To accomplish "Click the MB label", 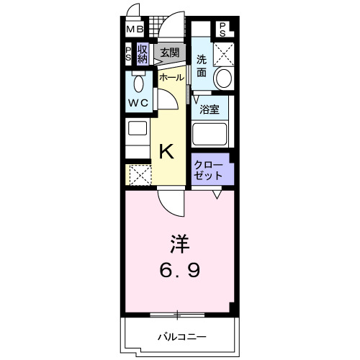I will (135, 30).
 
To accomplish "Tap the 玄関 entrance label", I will (170, 52).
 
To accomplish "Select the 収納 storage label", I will (143, 55).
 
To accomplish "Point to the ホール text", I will (171, 76).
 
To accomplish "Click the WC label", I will (139, 103).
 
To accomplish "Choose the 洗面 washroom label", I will (202, 66).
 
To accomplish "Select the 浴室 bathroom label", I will (210, 111).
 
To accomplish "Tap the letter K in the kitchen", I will (166, 151).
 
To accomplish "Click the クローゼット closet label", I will (209, 169).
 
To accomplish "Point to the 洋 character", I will (181, 244).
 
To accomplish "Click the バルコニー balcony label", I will (182, 336).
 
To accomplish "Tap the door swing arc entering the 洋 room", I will (168, 205).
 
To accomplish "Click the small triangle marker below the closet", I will (216, 194).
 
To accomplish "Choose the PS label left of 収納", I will (128, 55).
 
